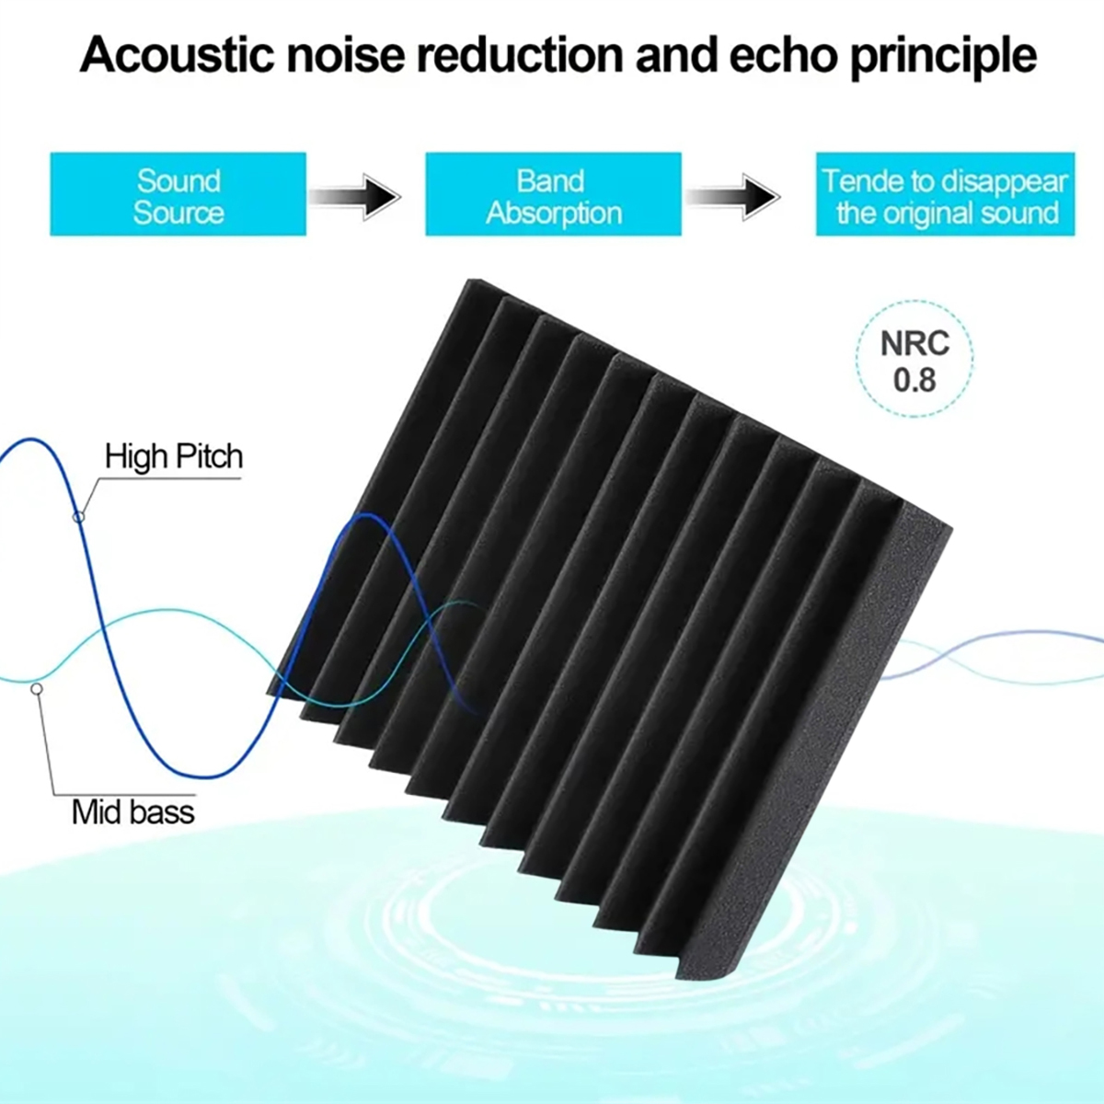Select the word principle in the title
[943, 57]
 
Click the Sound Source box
[178, 195]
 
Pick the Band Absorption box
[553, 195]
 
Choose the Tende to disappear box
[945, 195]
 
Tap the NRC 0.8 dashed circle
[914, 359]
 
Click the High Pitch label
[174, 456]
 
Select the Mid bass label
[133, 811]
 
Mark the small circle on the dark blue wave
[79, 517]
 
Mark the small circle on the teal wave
[37, 688]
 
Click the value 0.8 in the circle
[914, 379]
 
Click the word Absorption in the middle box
[554, 213]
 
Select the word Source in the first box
[178, 213]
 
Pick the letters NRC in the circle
[914, 343]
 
